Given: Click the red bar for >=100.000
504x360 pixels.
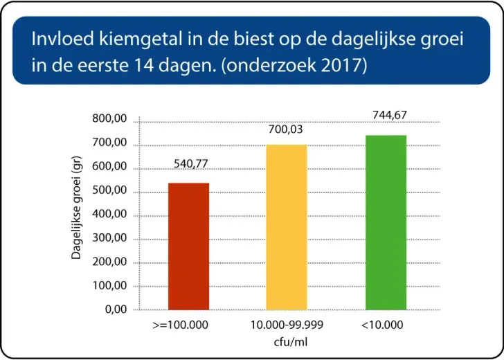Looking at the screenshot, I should pos(188,246).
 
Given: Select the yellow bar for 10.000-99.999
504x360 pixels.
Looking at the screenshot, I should pos(287,226).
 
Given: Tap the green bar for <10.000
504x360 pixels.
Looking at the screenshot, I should pos(386,222).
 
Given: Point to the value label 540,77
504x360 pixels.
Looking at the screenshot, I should pos(189,164).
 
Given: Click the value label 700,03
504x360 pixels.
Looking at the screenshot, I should pos(287,129).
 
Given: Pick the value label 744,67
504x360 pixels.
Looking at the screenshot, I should pos(386,114).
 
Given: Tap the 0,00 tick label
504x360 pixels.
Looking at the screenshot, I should pos(116,309).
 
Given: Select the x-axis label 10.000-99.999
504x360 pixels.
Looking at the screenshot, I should pos(287,324).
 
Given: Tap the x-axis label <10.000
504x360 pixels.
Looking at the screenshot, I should pos(382,324).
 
